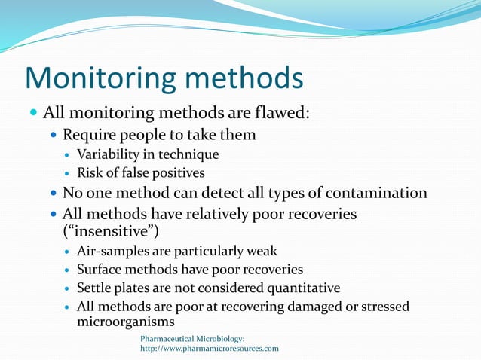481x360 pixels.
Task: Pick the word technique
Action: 188,154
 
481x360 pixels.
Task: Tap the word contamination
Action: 373,194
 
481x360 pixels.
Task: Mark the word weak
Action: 261,251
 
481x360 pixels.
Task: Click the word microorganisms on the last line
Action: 123,322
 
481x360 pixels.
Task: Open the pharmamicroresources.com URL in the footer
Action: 210,349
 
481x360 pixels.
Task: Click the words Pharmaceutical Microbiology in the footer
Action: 192,339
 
